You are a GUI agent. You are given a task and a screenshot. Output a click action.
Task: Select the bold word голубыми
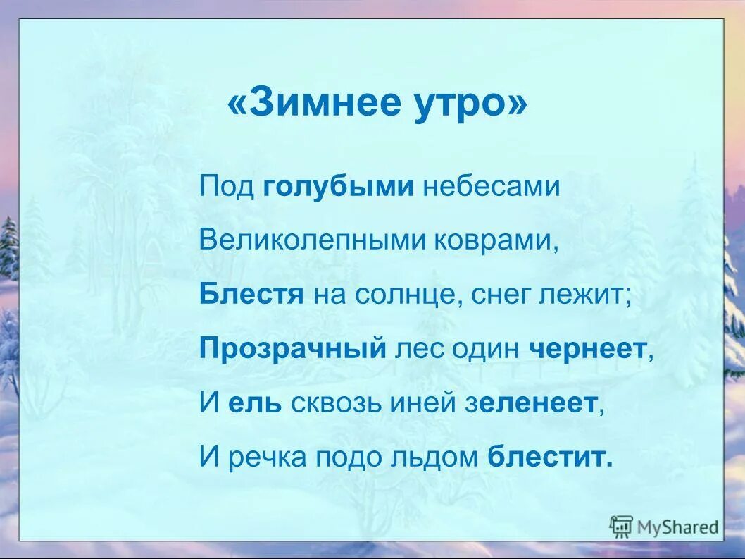(x=338, y=187)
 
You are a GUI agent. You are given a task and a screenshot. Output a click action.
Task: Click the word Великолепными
(x=308, y=240)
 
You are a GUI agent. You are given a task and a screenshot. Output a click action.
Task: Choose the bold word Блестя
(x=251, y=294)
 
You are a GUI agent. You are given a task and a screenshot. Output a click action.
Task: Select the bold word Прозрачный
(x=293, y=348)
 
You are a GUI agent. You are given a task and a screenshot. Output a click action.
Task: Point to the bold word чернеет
(x=590, y=348)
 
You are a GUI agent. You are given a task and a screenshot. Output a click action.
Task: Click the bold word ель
(x=254, y=403)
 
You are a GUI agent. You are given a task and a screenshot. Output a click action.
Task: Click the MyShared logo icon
(x=621, y=526)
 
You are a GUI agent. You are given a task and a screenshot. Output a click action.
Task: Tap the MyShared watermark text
(x=677, y=527)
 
